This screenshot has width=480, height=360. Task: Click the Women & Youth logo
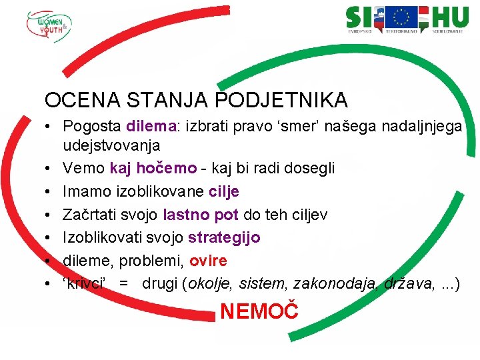pyautogui.click(x=49, y=26)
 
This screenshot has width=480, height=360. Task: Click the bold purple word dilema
pyautogui.click(x=150, y=126)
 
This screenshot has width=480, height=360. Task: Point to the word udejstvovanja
pyautogui.click(x=111, y=145)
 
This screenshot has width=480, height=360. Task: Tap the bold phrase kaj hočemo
pyautogui.click(x=153, y=169)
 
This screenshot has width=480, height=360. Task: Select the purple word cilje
pyautogui.click(x=224, y=192)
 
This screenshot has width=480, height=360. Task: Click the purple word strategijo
pyautogui.click(x=224, y=237)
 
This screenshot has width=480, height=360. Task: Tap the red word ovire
pyautogui.click(x=208, y=260)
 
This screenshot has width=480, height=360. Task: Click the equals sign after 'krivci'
pyautogui.click(x=124, y=283)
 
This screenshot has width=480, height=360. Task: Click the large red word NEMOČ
pyautogui.click(x=259, y=311)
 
